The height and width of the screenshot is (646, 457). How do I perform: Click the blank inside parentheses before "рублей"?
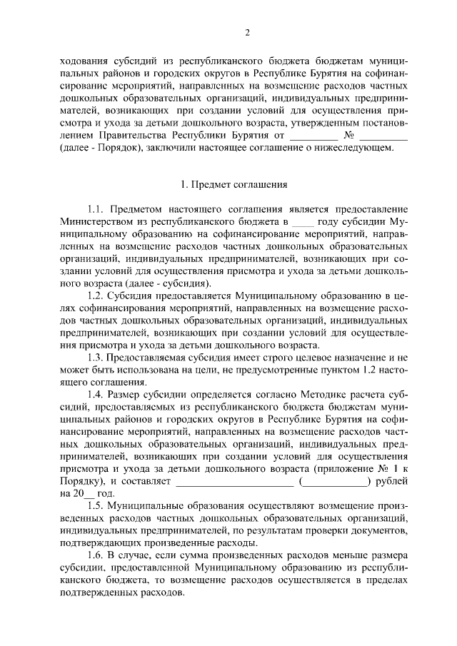334,482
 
